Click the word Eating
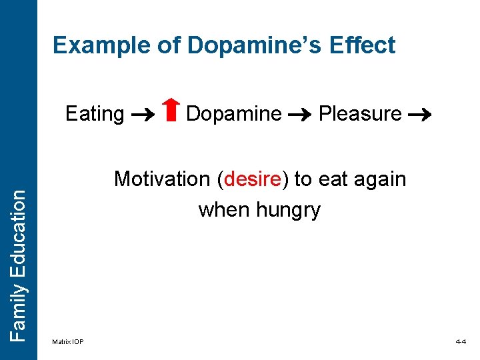pyautogui.click(x=95, y=114)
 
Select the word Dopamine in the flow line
pyautogui.click(x=233, y=114)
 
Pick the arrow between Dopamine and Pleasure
pyautogui.click(x=299, y=115)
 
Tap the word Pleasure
pyautogui.click(x=360, y=114)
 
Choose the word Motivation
pyautogui.click(x=162, y=179)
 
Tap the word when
pyautogui.click(x=224, y=210)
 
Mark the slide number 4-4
pyautogui.click(x=461, y=342)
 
